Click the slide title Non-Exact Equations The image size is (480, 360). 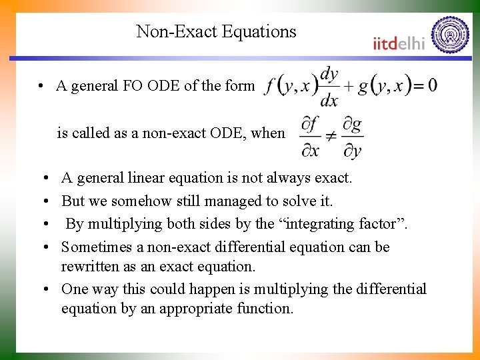(x=216, y=31)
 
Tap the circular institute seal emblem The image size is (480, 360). (x=450, y=34)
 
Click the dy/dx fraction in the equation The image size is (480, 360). (x=329, y=87)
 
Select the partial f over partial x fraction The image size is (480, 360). (x=310, y=138)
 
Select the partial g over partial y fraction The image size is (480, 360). (x=352, y=138)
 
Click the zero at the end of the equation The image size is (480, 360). (x=432, y=85)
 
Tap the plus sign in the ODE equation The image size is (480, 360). (x=347, y=87)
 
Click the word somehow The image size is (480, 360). (x=135, y=201)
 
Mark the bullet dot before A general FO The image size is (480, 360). (x=41, y=86)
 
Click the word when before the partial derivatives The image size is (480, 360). (x=268, y=133)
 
